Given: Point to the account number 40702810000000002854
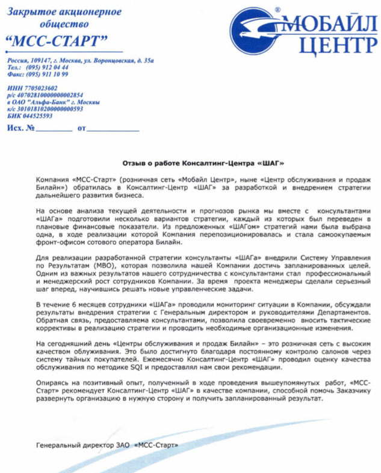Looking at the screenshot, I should (x=49, y=95).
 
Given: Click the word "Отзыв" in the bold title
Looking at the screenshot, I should (x=135, y=163).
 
